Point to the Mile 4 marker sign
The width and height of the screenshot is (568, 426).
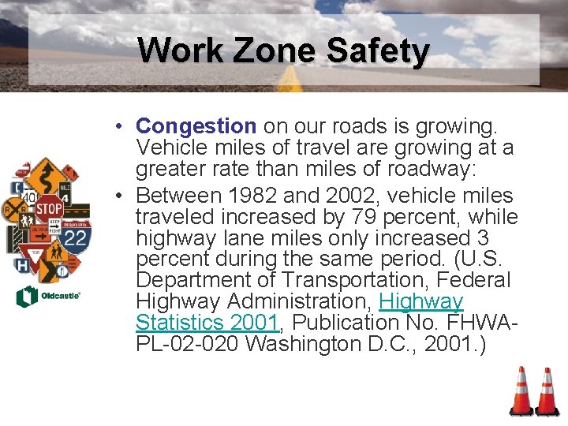pos(65,194)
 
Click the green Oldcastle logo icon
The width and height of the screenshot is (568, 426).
pos(26,297)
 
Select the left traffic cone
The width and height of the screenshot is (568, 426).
pos(521,392)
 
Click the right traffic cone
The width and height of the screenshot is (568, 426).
pos(546,392)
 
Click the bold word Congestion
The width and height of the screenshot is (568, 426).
pos(196,125)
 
